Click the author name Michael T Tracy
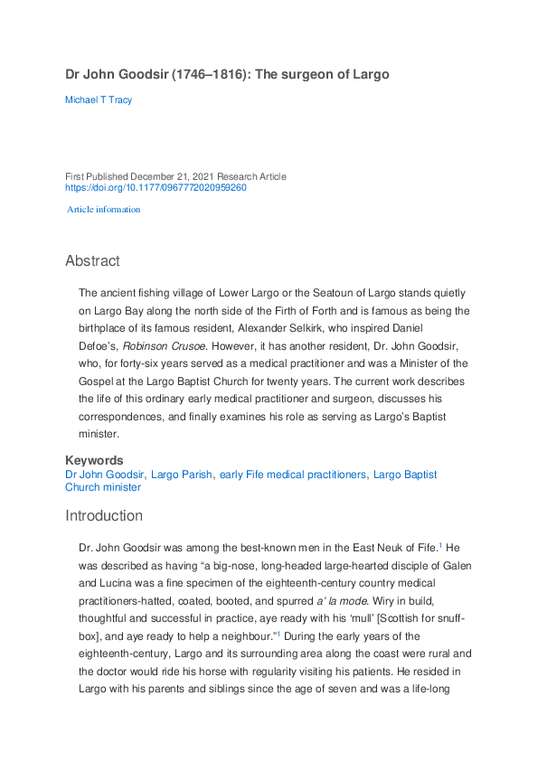tap(99, 99)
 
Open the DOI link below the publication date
tap(156, 188)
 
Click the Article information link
tap(105, 210)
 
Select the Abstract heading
tap(92, 261)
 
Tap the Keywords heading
tap(94, 460)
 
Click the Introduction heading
tap(104, 516)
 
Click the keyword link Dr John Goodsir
tap(105, 474)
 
